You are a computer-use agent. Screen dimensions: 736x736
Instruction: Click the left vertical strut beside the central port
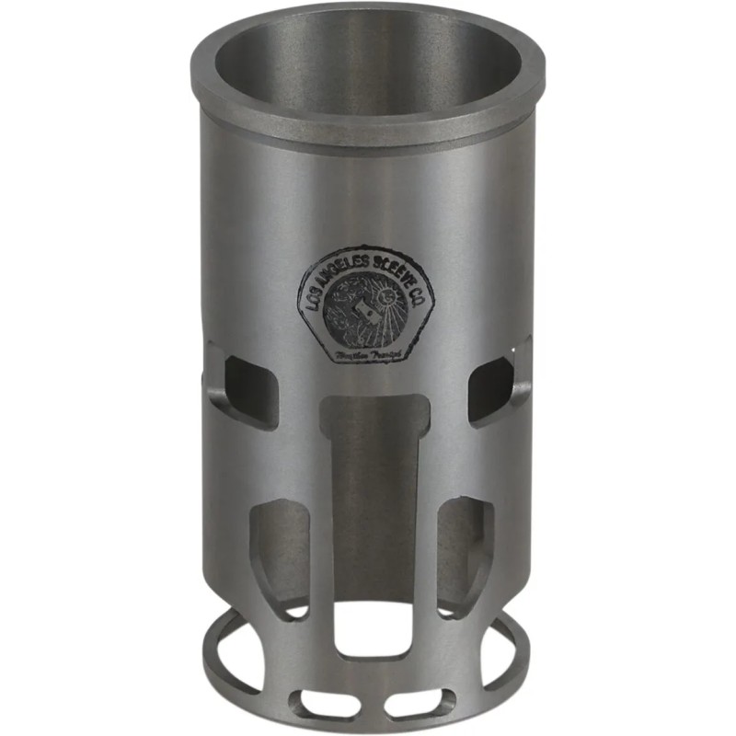click(323, 543)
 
